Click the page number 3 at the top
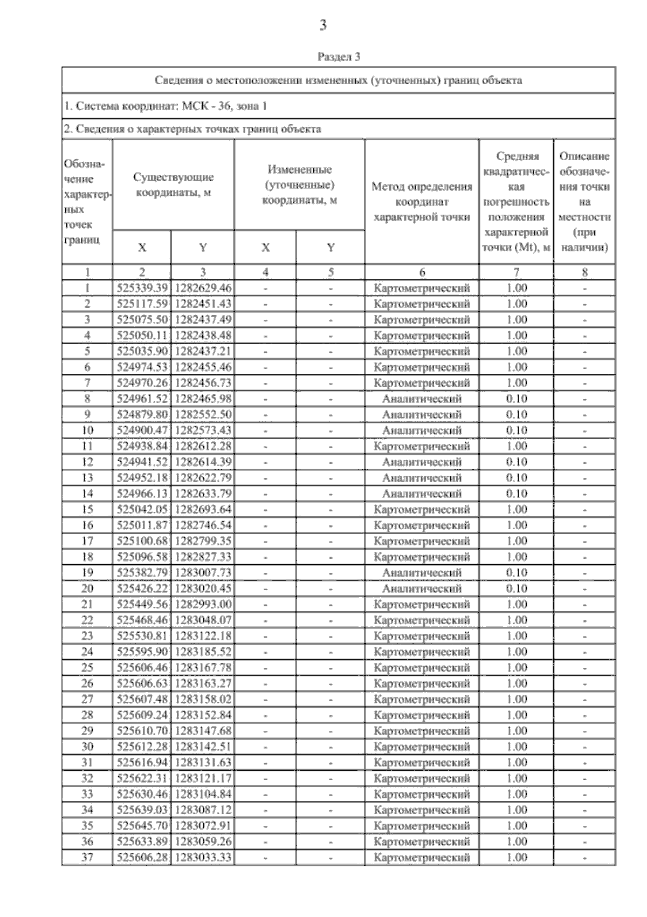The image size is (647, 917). (323, 25)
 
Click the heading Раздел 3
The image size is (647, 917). (339, 56)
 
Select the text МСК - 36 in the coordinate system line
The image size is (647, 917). (207, 106)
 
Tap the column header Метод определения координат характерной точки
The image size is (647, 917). (422, 202)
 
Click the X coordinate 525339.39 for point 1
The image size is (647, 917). (142, 288)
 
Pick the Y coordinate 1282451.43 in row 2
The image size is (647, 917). (203, 304)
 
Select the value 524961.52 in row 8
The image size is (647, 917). (142, 399)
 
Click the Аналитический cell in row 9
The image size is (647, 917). (422, 415)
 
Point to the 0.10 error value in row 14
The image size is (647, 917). (517, 494)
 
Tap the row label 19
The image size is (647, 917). (87, 572)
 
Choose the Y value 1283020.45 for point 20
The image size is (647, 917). (203, 588)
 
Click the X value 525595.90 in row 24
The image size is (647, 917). (142, 652)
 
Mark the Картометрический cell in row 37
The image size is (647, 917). (422, 857)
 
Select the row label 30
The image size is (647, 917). (87, 747)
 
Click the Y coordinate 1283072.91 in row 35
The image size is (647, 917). (203, 825)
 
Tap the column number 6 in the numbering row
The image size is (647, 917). (422, 272)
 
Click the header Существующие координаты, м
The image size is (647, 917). (173, 184)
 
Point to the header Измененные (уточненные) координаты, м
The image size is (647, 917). (299, 184)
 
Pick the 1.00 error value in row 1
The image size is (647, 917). (517, 288)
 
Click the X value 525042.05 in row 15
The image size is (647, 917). (142, 509)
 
